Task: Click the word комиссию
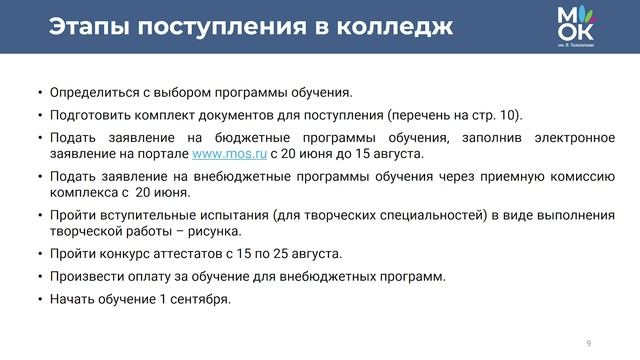click(579, 175)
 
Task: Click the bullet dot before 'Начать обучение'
click(40, 299)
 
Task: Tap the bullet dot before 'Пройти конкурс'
click(40, 254)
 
